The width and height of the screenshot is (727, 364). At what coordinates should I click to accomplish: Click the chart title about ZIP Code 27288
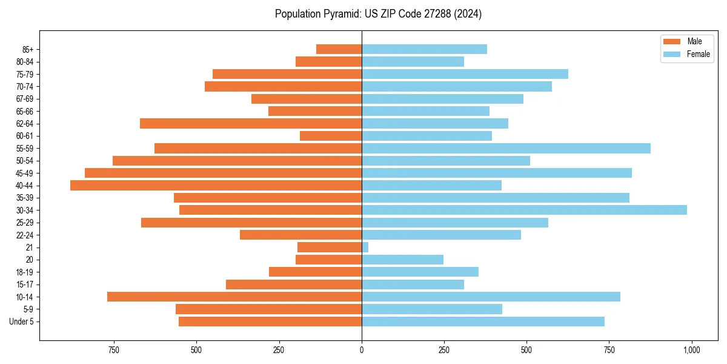point(378,14)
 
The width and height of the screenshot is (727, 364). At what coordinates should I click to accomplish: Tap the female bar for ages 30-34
point(524,210)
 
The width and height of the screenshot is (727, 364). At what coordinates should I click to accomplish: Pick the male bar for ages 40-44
point(216,186)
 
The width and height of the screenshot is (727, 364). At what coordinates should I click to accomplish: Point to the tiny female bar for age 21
point(365,248)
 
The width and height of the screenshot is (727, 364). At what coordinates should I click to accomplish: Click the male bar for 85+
point(339,49)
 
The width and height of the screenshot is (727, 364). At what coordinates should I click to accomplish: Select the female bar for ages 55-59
point(506,149)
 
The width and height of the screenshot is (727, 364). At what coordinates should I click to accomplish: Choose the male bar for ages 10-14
point(234,297)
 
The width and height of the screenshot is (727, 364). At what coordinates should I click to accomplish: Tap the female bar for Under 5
point(483,322)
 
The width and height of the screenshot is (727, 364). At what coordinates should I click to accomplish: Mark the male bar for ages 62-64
point(251,124)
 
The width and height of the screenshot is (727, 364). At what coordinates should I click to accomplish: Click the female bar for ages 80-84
point(413,62)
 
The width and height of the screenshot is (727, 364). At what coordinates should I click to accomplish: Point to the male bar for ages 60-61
point(331,136)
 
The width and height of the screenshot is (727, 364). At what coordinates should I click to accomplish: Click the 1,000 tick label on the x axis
point(691,350)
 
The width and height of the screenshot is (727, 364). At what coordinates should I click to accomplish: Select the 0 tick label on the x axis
point(362,350)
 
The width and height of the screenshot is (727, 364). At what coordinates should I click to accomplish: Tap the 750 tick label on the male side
point(113,350)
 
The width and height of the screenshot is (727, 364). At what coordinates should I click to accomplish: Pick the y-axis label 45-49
point(25,174)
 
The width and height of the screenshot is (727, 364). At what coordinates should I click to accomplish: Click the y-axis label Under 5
point(22,322)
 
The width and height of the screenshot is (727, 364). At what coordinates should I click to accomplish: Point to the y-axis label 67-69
point(25,99)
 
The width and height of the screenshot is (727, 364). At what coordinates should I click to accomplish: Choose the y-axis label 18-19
point(25,272)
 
